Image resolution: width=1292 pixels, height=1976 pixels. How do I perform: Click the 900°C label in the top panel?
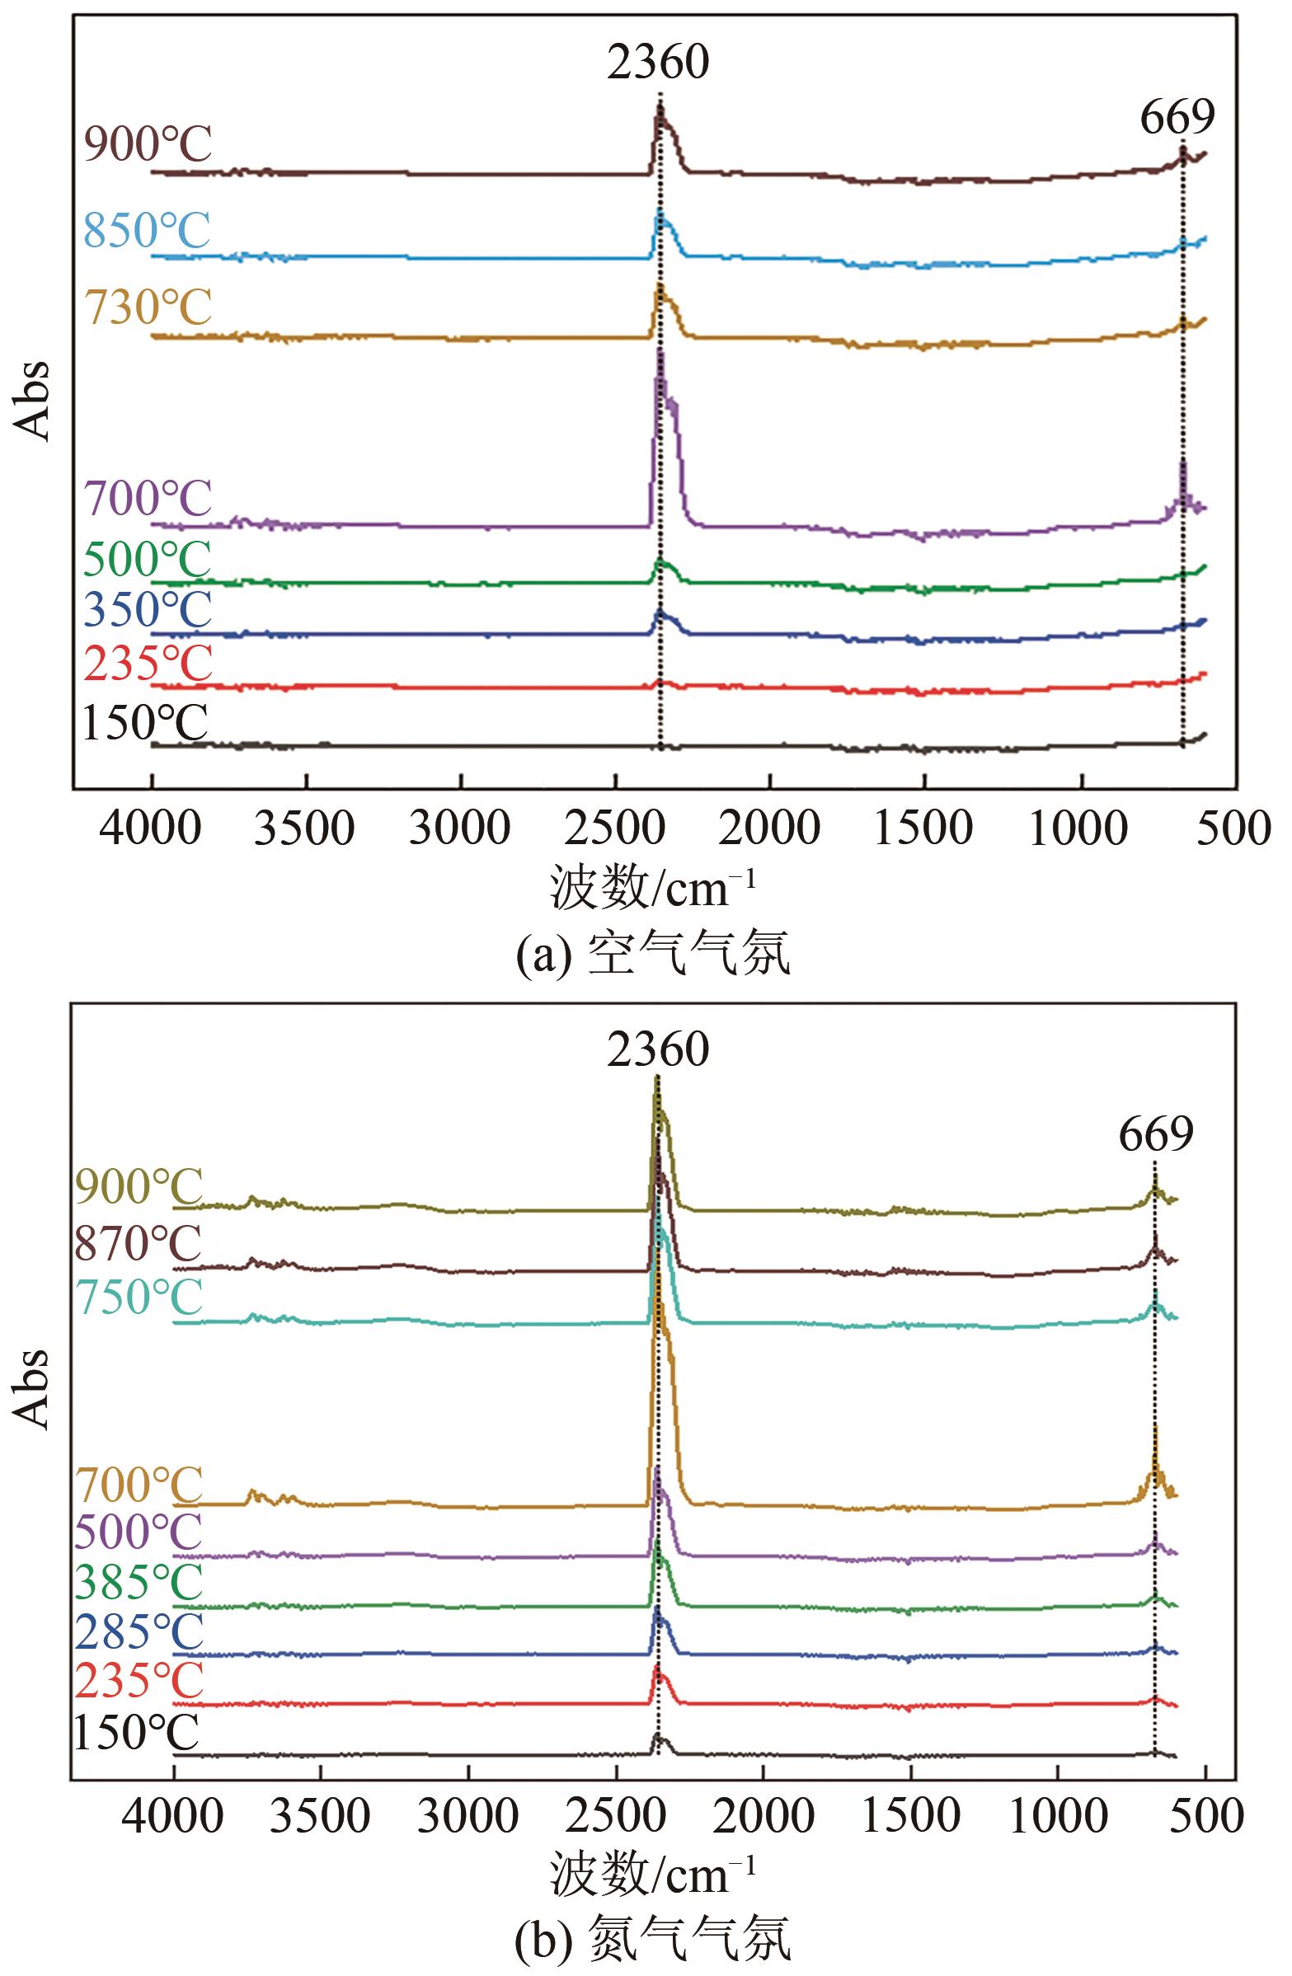point(148,145)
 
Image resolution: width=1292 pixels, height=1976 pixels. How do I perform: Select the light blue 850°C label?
point(148,230)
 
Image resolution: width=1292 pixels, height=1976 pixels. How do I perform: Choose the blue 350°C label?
point(148,611)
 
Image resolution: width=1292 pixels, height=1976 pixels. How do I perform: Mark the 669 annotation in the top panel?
point(1177,117)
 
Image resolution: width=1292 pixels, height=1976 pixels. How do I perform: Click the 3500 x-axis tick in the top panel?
point(304,828)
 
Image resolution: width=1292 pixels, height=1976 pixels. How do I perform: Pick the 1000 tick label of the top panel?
point(1078,828)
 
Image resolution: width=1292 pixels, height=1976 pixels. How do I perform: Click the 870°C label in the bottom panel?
point(139,1243)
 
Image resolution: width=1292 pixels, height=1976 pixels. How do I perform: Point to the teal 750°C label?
point(139,1297)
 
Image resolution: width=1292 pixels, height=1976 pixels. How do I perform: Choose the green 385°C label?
point(139,1583)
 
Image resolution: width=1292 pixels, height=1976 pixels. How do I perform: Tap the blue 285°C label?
point(139,1633)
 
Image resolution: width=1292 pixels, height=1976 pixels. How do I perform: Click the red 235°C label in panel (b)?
point(139,1681)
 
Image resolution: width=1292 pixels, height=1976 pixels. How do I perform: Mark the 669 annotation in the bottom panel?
point(1155,1134)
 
